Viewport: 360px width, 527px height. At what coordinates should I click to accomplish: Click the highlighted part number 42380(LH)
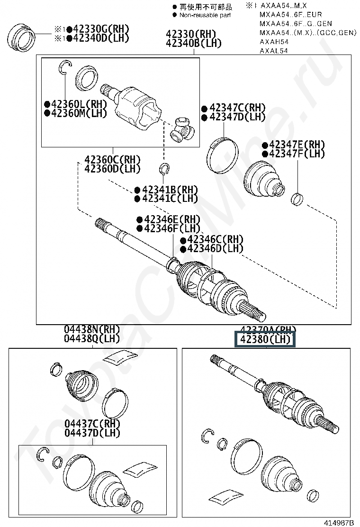coord(265,340)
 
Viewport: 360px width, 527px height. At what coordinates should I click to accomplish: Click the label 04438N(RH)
coord(92,329)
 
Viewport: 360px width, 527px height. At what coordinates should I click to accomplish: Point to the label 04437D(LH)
coord(92,433)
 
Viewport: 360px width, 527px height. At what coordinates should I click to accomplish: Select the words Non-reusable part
coord(205,15)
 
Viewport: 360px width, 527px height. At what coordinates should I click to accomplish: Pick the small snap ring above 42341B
coord(164,169)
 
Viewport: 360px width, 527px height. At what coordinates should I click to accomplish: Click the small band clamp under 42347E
coord(297,199)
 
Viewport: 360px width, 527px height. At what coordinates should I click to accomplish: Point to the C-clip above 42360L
coord(65,68)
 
